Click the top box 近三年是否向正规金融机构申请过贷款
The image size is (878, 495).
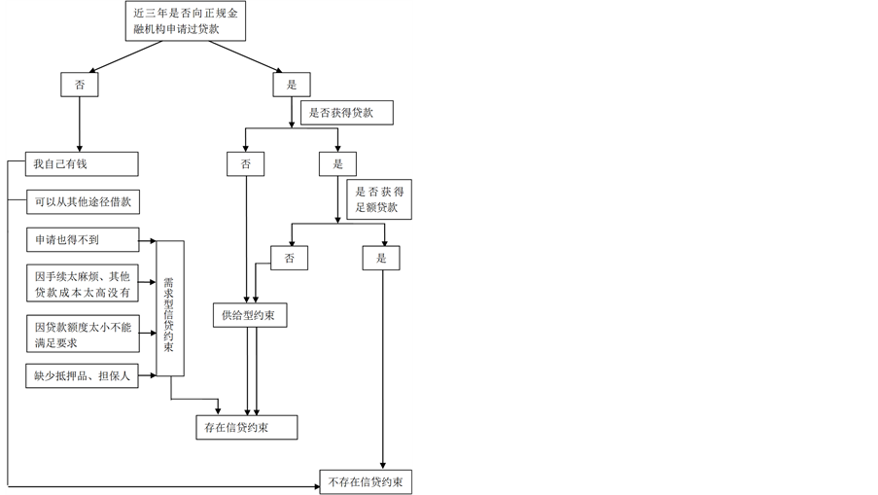coord(185,21)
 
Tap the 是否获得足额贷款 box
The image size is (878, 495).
coord(379,200)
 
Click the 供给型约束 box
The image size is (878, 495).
coord(250,315)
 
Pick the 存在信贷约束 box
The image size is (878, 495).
coord(246,428)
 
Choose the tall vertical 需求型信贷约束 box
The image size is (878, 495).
coord(169,307)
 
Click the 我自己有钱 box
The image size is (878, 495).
coord(82,163)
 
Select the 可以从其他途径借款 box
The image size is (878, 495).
coord(84,202)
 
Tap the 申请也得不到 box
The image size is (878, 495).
coord(82,239)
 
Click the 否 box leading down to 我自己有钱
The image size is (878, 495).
coord(80,85)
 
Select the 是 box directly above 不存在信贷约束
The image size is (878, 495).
coord(381,258)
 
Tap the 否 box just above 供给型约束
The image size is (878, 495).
coord(289,258)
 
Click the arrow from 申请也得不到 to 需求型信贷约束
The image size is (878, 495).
coord(147,240)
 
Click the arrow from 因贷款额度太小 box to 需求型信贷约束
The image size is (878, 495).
coord(147,334)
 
